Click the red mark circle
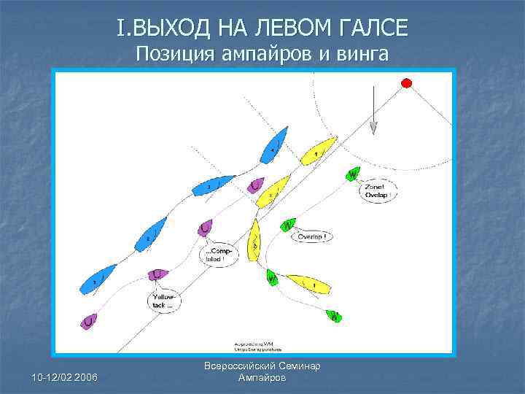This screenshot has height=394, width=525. point(407,82)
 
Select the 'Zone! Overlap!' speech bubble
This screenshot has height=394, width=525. point(379,191)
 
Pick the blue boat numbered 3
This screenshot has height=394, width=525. point(211,187)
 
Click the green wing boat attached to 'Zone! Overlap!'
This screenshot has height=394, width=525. point(352,174)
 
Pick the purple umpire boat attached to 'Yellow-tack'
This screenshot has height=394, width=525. point(158,274)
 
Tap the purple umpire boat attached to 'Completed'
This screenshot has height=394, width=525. point(205,228)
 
